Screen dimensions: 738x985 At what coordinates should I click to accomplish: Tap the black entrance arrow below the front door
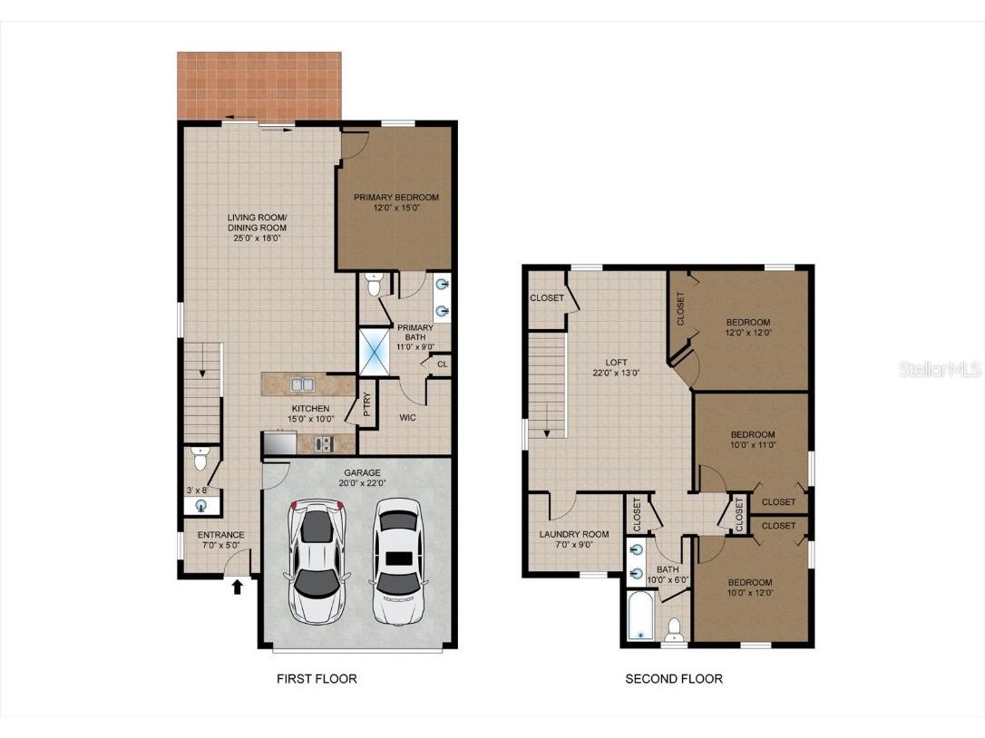pos(238,587)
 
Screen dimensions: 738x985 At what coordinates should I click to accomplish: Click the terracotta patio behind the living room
pos(259,86)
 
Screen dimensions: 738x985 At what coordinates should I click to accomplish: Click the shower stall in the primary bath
pos(375,351)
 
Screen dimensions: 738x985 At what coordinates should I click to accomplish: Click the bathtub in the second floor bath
pos(640,617)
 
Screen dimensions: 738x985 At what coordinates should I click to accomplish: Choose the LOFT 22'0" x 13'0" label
pos(616,368)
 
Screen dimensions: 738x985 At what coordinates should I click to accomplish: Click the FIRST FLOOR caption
pos(317,678)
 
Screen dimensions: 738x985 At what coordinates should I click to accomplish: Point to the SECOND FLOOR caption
pos(674,678)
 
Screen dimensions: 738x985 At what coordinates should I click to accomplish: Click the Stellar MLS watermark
pos(940,370)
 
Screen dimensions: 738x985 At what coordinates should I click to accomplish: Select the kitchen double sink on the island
pos(302,384)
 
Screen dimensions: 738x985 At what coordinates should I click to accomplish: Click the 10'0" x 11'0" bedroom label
pos(753,440)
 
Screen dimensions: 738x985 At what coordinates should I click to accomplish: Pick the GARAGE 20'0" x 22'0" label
pos(362,478)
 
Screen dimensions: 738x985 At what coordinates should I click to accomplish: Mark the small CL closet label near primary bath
pos(443,364)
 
